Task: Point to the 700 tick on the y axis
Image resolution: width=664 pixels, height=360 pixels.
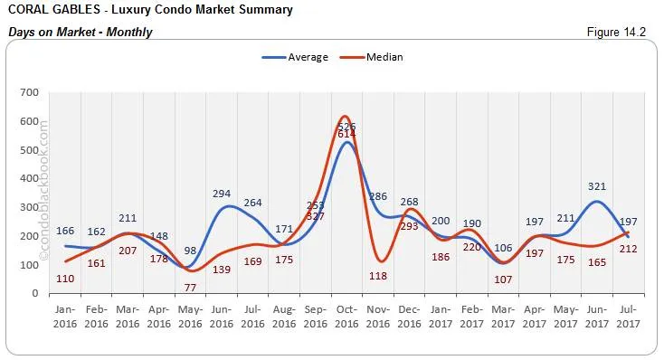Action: tap(29, 92)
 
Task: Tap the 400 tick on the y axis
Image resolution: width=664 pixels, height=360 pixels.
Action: tap(29, 178)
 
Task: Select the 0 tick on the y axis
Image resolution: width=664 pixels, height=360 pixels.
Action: tap(34, 294)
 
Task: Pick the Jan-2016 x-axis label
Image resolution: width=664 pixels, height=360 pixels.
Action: tap(64, 317)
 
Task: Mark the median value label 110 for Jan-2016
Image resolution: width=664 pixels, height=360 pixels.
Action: tap(64, 278)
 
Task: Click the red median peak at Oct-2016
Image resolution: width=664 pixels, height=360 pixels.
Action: tap(344, 117)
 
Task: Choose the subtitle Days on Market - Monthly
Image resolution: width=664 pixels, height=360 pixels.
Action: tap(80, 33)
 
